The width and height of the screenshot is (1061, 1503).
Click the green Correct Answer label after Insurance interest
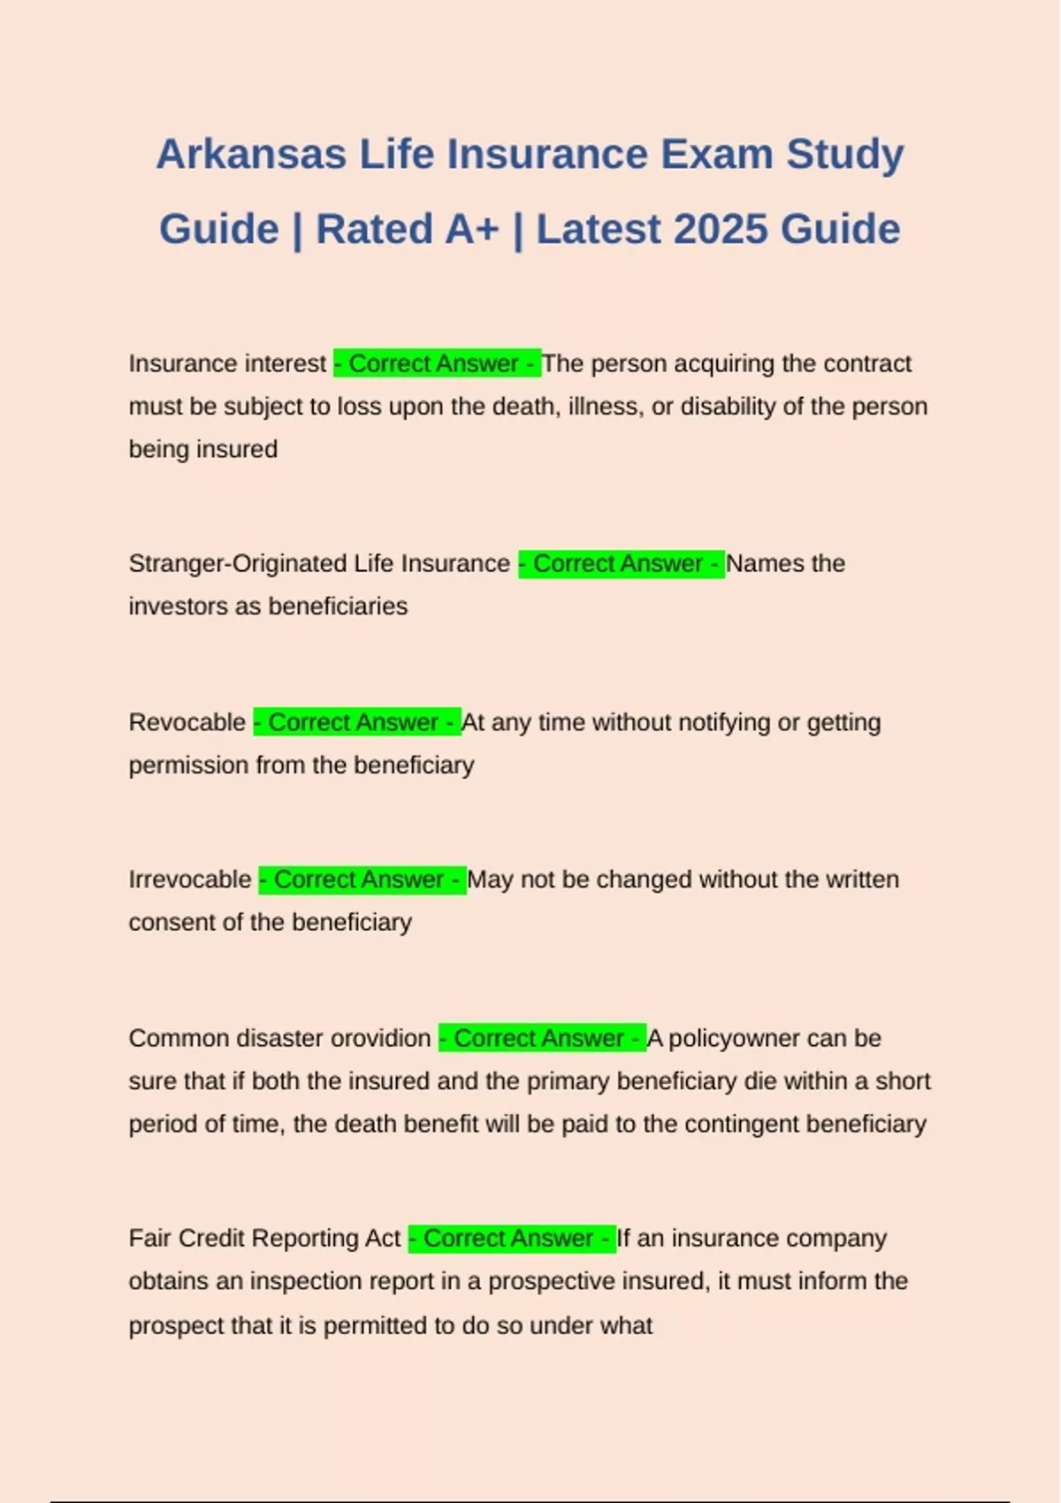437,363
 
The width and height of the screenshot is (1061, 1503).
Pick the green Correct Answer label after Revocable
356,722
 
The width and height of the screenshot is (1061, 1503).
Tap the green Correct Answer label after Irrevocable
363,880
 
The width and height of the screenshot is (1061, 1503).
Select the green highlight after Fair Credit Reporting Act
512,1238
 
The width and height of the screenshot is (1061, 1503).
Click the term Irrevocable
190,880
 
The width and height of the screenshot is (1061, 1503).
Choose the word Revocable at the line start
187,722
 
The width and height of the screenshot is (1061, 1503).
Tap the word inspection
305,1281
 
